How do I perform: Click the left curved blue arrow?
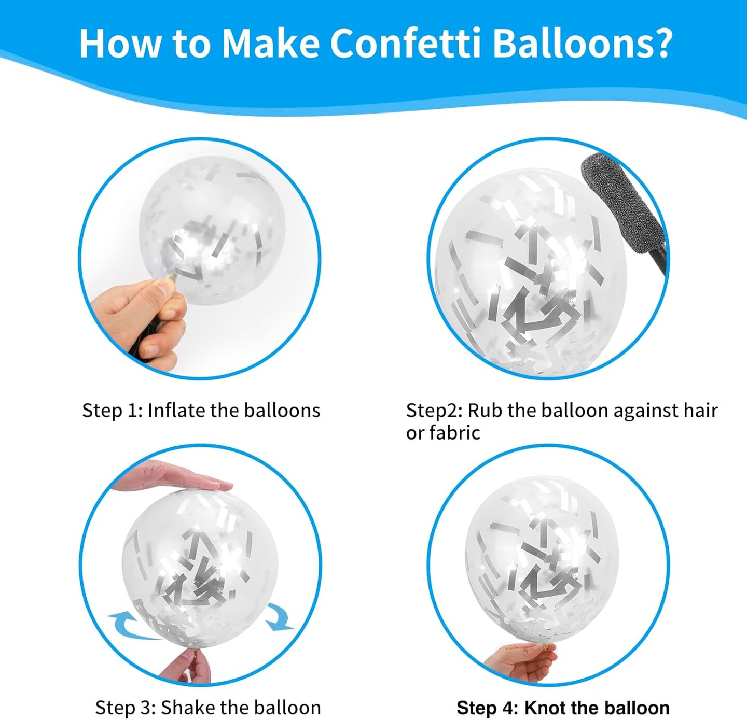(x=134, y=626)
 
